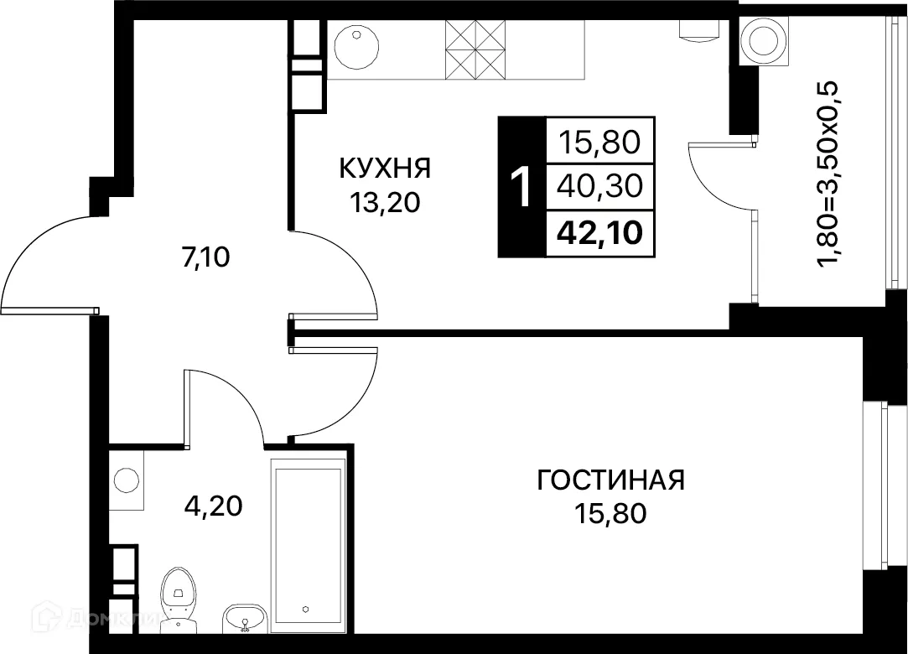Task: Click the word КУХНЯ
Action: pos(385,169)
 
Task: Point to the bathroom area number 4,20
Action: pos(214,506)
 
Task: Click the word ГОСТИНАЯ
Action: pos(610,480)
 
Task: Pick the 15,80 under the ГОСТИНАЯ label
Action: pos(610,513)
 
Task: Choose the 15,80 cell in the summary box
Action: pos(599,142)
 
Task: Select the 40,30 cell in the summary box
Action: pos(599,185)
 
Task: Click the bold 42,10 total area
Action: pos(599,231)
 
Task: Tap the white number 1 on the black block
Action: pos(521,187)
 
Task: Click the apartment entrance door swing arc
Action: pos(46,260)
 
